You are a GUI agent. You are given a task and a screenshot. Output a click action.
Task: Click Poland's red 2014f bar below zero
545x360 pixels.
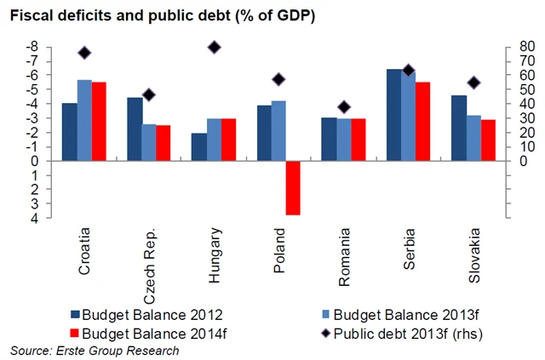click(x=293, y=187)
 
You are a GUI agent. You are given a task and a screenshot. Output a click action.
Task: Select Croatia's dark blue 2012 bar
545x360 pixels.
click(x=70, y=132)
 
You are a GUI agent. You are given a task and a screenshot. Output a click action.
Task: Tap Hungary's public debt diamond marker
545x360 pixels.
click(x=215, y=48)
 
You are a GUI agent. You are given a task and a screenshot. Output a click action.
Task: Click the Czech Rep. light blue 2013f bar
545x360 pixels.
click(x=150, y=142)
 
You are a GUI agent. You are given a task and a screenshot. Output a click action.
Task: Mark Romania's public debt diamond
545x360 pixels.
click(x=343, y=107)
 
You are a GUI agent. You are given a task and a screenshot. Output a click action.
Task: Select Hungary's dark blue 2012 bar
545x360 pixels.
click(x=199, y=146)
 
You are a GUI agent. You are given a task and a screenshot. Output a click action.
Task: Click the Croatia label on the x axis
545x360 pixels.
click(x=85, y=252)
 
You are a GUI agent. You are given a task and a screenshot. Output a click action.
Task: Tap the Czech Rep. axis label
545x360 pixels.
click(x=150, y=266)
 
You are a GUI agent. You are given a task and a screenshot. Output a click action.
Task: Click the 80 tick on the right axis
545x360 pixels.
click(x=503, y=46)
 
